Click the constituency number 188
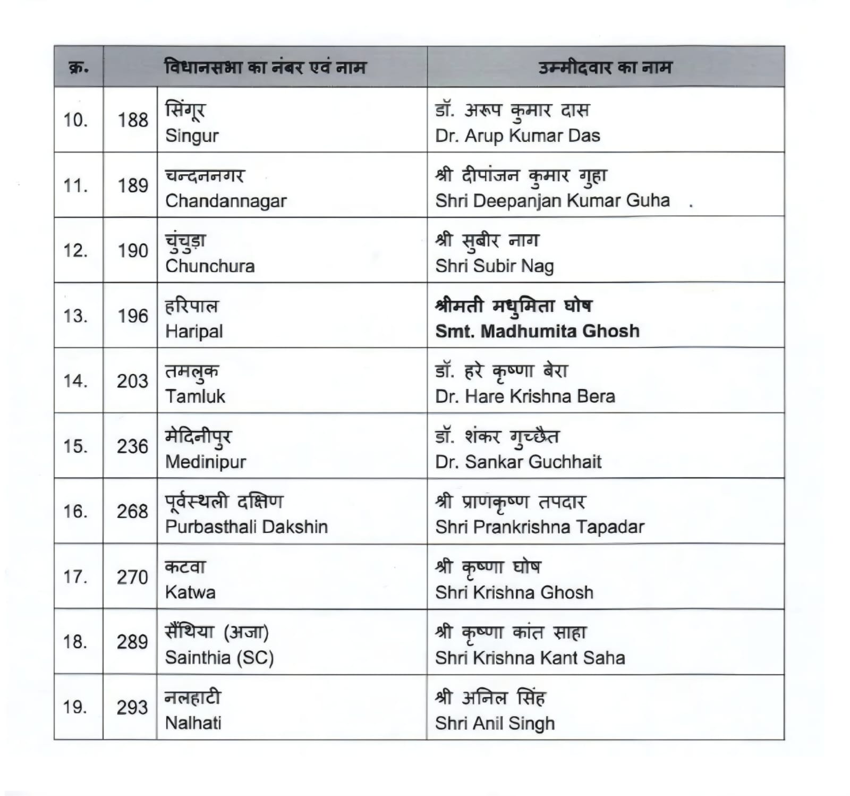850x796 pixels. tap(133, 120)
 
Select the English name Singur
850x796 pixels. tap(192, 136)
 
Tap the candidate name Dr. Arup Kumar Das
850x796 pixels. tap(517, 136)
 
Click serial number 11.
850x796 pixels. tap(75, 185)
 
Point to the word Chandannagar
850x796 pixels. tap(226, 201)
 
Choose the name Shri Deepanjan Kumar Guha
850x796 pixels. tap(552, 200)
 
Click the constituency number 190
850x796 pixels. tap(133, 250)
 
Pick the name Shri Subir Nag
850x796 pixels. tap(494, 266)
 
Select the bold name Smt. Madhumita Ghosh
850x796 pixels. tap(537, 331)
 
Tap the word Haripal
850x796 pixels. tap(194, 331)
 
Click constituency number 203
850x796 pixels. tap(132, 381)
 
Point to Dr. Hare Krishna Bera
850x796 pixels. tap(525, 396)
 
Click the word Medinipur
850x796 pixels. tap(206, 461)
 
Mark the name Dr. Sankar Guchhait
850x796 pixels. tap(518, 462)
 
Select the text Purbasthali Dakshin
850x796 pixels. tap(246, 527)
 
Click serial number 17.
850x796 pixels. tap(75, 577)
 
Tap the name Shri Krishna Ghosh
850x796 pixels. tap(514, 592)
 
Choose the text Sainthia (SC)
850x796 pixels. tap(219, 658)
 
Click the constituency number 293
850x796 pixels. tap(132, 707)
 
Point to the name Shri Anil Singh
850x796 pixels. tap(495, 723)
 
